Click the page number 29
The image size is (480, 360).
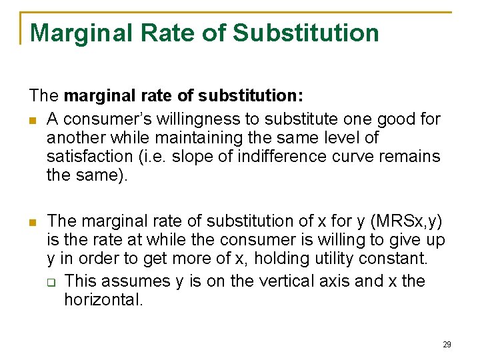[x=447, y=345]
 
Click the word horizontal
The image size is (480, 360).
[x=103, y=299]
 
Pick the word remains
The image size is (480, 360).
[x=405, y=157]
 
